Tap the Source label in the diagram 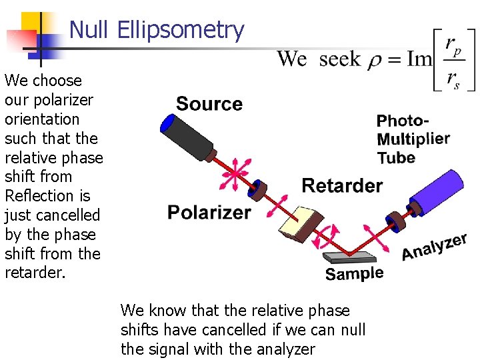pos(209,104)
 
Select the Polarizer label pos(209,212)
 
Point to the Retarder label pos(342,185)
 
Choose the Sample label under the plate pos(354,273)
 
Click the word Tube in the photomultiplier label pos(396,158)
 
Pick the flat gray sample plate pos(349,257)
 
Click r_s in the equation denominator pos(453,79)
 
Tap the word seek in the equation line pos(339,60)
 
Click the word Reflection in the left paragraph pos(38,196)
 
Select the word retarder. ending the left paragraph pos(35,273)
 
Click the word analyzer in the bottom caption pos(284,349)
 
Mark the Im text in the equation pos(419,59)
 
